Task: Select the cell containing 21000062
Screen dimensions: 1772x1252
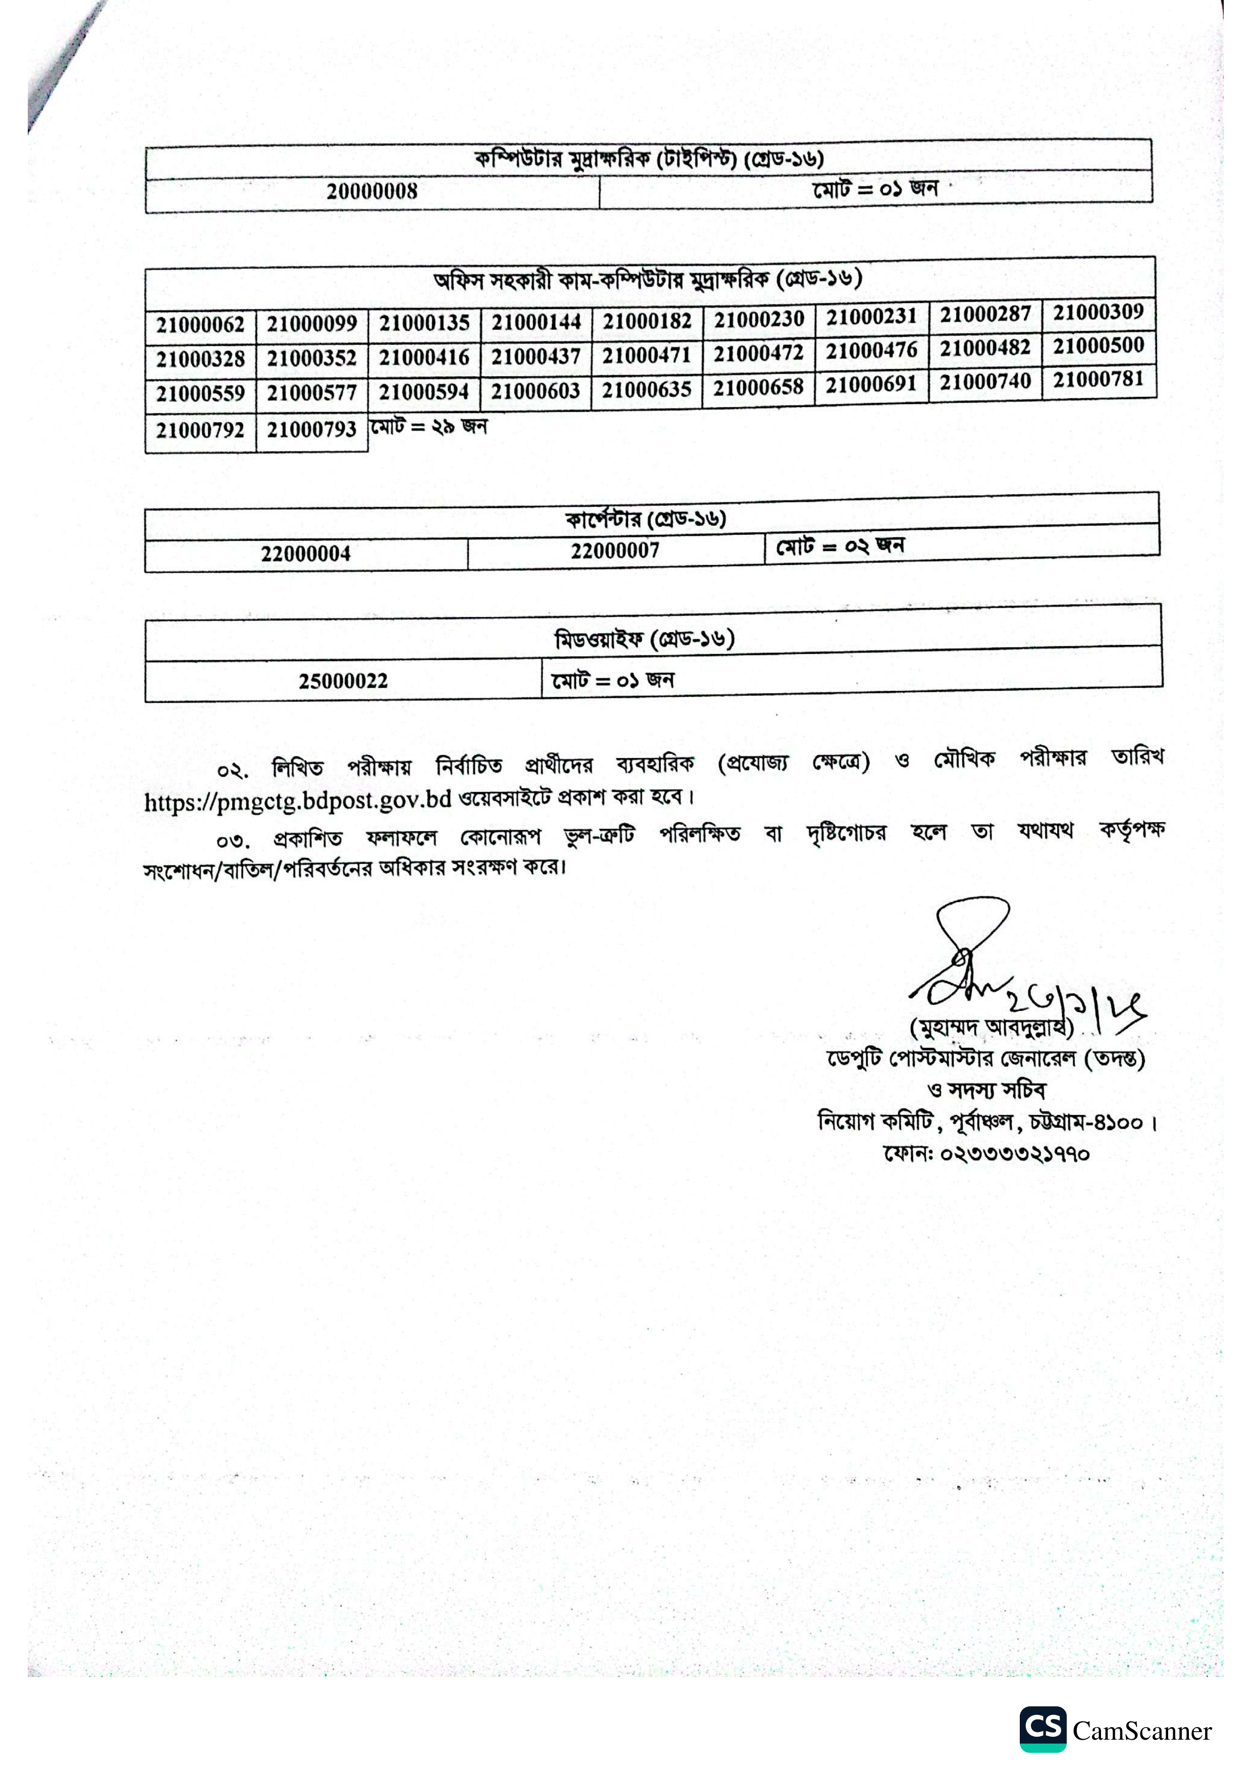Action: [200, 325]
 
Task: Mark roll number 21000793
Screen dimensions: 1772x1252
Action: [311, 430]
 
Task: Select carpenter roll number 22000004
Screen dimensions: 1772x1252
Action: [305, 553]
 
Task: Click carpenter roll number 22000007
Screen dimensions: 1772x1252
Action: [615, 550]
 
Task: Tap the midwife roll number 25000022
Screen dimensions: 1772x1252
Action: [343, 681]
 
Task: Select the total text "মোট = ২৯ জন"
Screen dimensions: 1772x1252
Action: [429, 426]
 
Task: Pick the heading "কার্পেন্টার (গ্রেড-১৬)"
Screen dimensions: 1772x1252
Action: [646, 519]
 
